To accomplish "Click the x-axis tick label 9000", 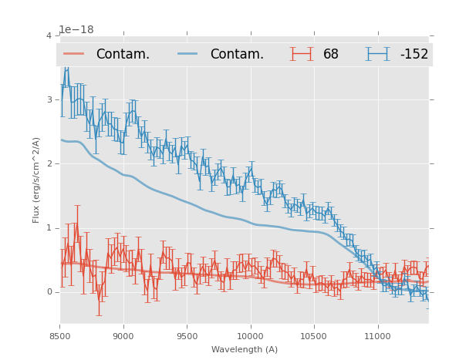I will [123, 336].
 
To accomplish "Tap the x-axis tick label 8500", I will [60, 336].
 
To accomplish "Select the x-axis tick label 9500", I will [187, 336].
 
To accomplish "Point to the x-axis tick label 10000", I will [250, 336].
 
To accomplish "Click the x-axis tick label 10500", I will [314, 336].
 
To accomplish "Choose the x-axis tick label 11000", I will [377, 336].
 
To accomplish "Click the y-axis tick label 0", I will [49, 292].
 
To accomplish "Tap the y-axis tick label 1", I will [49, 228].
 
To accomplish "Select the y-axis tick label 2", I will [49, 164].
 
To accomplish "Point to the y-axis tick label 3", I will [49, 100].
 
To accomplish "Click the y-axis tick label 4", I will [49, 36].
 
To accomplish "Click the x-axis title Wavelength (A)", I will [245, 350].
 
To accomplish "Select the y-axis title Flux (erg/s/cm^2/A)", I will [36, 180].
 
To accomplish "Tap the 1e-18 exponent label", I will [76, 30].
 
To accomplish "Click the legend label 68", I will [331, 54].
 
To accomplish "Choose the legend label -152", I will [414, 54].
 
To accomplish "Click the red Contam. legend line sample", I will [74, 54].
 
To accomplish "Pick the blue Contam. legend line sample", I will [188, 54].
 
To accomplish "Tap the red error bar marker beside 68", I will [302, 54].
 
